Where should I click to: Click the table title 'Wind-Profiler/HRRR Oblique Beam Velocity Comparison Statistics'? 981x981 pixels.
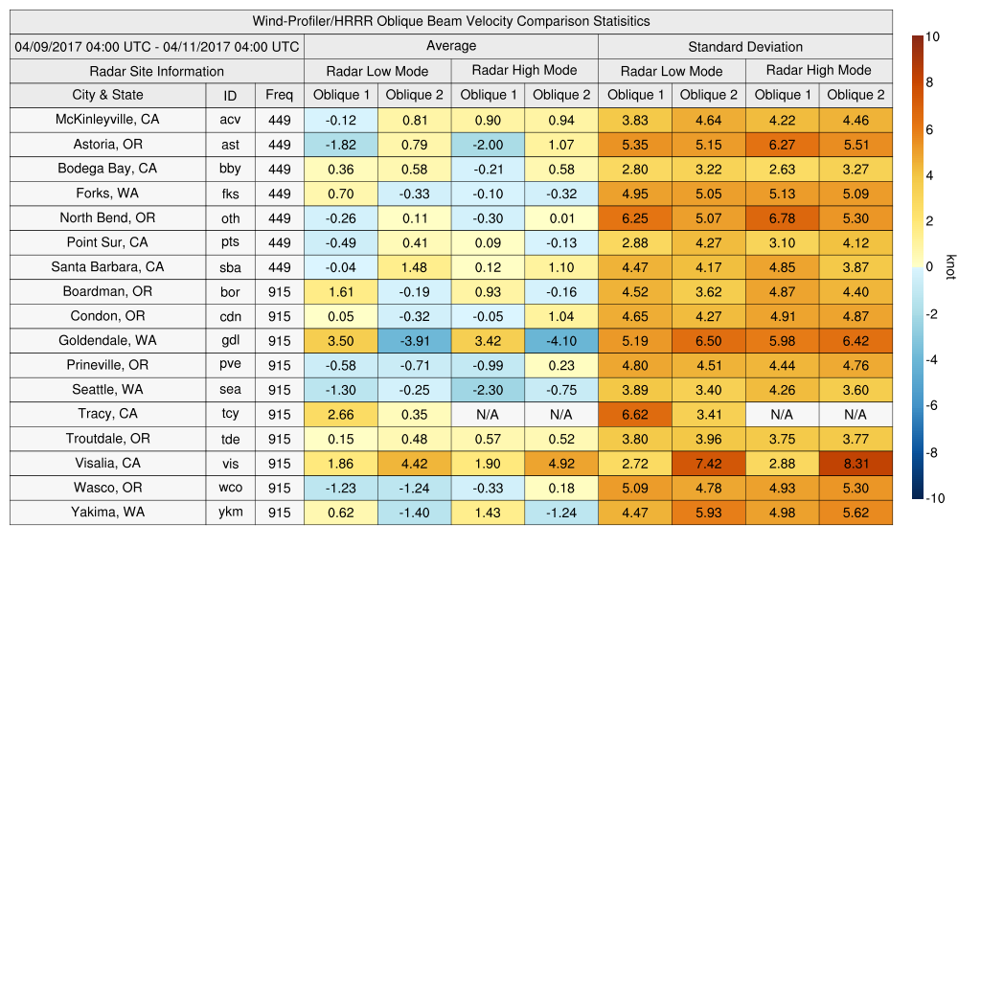(451, 21)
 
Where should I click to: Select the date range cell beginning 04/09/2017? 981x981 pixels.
(157, 46)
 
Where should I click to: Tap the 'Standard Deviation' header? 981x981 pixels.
(745, 46)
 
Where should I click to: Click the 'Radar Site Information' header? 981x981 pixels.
(157, 71)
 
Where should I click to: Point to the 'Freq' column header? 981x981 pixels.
(280, 95)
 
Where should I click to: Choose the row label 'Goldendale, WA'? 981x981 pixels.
(107, 340)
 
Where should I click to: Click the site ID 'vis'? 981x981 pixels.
(230, 463)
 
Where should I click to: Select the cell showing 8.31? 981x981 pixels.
(856, 463)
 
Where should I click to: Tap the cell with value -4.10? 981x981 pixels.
(560, 340)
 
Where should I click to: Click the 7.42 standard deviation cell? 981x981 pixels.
(709, 463)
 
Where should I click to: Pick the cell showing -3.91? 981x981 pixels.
(414, 340)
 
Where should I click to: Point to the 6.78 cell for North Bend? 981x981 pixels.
(782, 217)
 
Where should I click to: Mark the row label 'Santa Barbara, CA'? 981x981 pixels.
(107, 267)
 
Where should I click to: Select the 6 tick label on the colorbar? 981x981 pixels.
(930, 129)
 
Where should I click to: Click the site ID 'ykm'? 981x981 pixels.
(230, 512)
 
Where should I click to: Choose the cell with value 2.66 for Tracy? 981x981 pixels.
(340, 414)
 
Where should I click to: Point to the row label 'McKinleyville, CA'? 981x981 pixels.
(107, 120)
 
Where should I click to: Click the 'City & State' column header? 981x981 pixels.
(107, 95)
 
